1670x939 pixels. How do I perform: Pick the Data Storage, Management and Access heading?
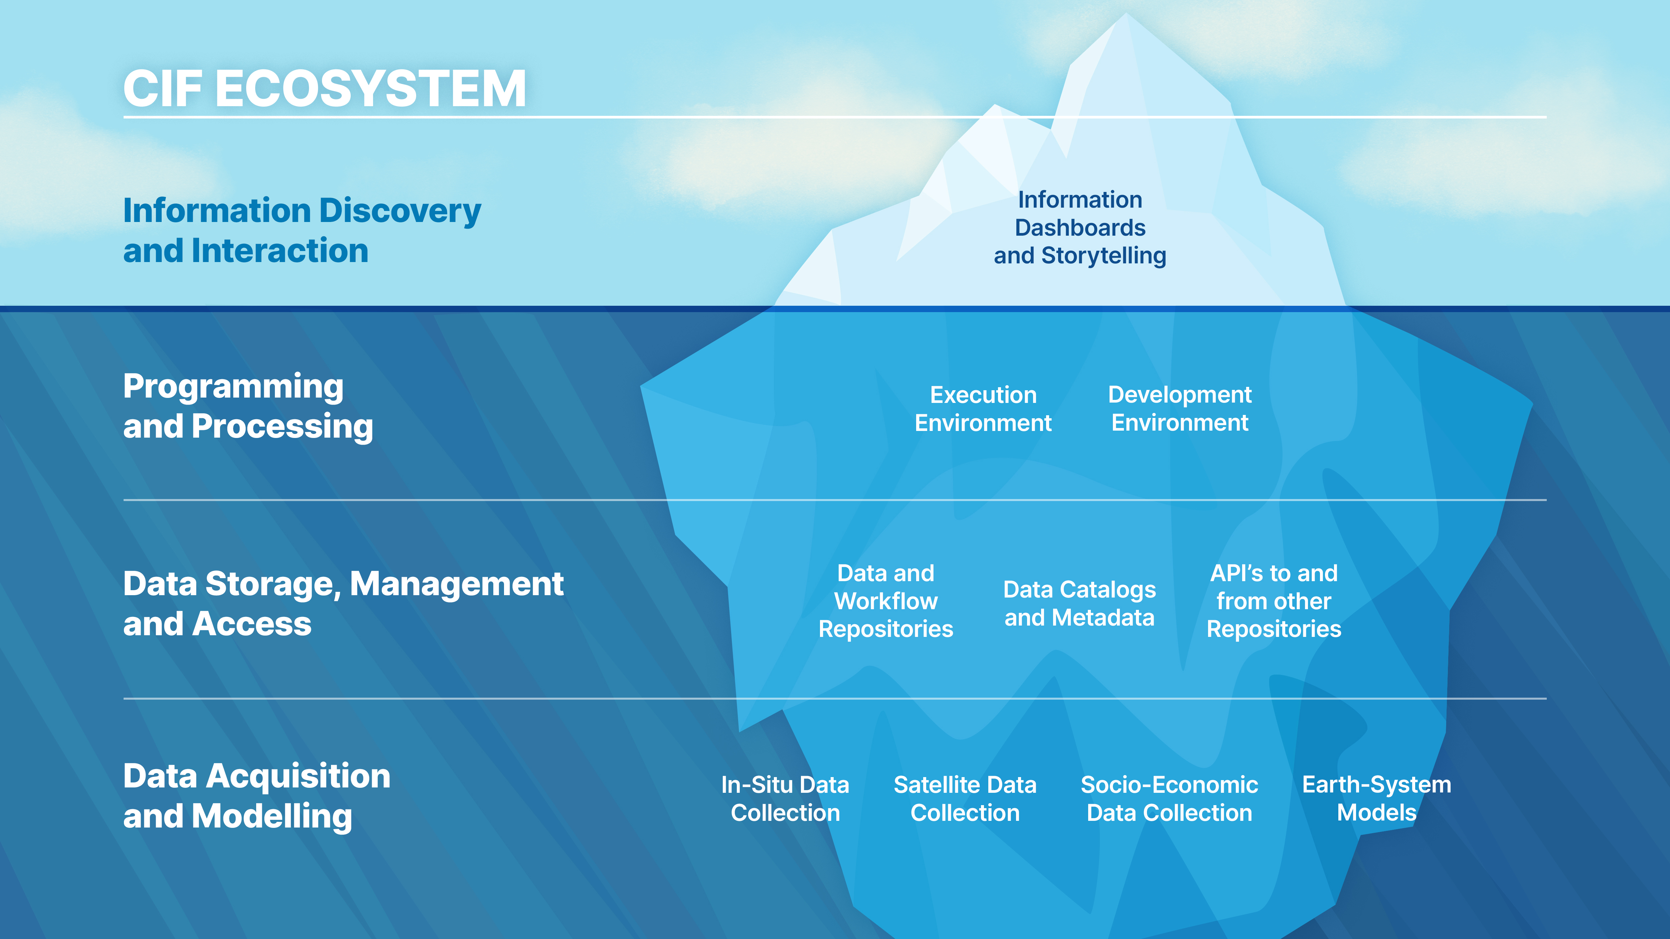343,603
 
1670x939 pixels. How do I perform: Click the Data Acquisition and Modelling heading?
257,796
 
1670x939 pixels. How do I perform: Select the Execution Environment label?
983,409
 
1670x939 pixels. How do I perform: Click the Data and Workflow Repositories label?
885,601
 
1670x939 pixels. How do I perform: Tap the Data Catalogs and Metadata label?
1079,603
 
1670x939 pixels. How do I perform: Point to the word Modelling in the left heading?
272,816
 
